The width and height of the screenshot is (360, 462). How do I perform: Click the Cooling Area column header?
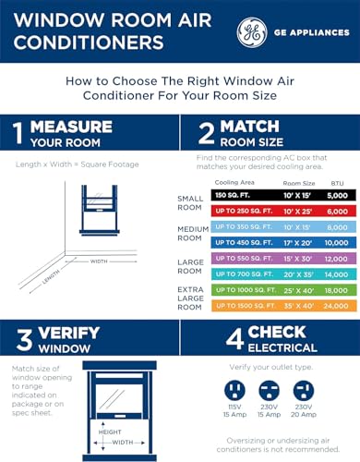pos(234,183)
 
